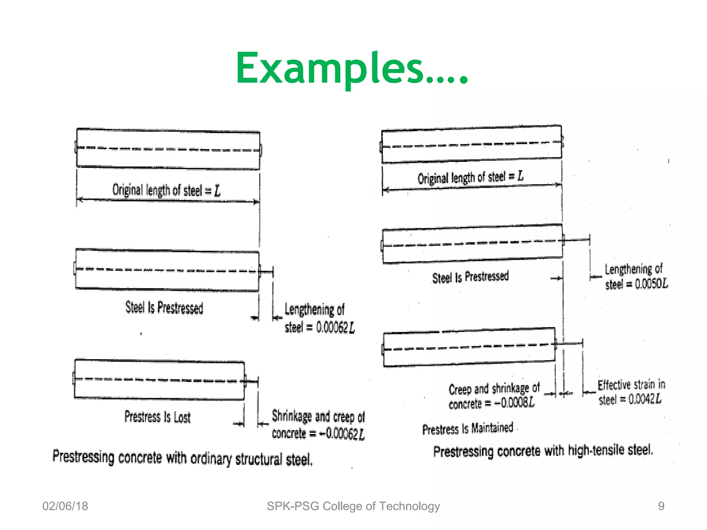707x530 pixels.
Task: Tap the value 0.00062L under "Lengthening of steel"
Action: click(x=335, y=327)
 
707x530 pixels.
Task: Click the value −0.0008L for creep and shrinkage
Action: click(x=514, y=402)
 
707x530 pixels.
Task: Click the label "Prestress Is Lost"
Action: click(x=157, y=417)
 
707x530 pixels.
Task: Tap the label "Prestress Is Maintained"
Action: click(x=468, y=429)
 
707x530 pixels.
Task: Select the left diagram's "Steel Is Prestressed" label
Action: click(x=164, y=307)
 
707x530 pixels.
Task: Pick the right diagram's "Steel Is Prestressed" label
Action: click(x=470, y=277)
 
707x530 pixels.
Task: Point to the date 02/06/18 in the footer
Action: click(x=65, y=506)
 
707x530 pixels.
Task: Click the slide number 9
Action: click(x=661, y=506)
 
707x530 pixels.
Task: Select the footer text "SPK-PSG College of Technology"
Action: click(x=353, y=506)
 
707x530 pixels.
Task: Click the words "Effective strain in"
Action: click(x=631, y=384)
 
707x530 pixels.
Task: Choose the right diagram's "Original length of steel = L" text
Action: click(x=470, y=177)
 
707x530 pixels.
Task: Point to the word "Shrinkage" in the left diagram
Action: click(x=292, y=416)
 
